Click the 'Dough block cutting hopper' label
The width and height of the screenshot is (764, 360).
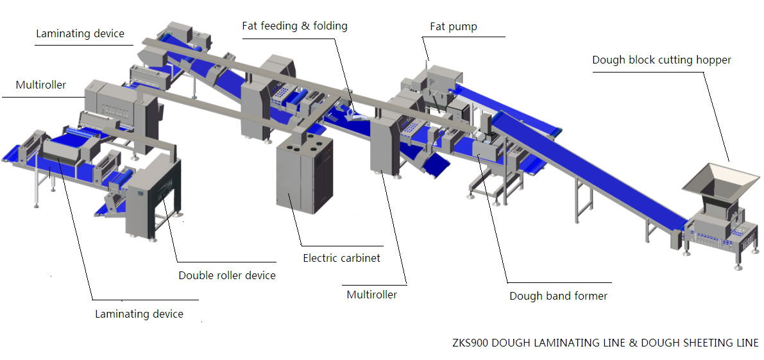(661, 60)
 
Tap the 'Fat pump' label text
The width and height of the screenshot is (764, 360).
(453, 27)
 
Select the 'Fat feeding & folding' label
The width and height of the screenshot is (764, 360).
(295, 25)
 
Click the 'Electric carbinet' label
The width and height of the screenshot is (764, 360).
(341, 258)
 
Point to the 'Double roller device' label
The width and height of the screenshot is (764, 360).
(227, 275)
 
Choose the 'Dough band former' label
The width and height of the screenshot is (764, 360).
(558, 296)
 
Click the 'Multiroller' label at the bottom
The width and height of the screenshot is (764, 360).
(372, 295)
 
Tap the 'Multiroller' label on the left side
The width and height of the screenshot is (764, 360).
(41, 85)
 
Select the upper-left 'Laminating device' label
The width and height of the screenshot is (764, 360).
(80, 33)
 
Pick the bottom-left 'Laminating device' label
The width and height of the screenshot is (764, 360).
(139, 314)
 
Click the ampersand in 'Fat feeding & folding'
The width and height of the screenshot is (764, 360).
(305, 25)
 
